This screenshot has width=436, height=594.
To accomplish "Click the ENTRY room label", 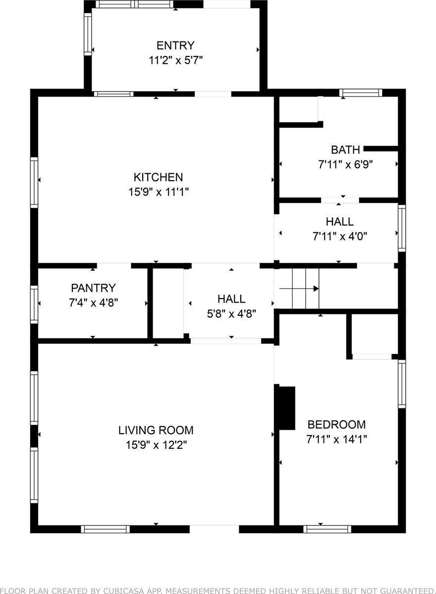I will [175, 46].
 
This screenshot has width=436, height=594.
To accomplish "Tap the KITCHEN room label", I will [158, 177].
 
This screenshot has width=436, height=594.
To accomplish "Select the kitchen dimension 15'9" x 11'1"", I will [158, 192].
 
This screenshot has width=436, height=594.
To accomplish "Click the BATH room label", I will [345, 149].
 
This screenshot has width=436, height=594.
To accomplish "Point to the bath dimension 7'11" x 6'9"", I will [345, 164].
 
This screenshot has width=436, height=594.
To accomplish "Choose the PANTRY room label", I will [93, 288].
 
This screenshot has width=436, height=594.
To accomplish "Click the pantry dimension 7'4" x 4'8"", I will [93, 301].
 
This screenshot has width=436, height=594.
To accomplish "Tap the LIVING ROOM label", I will [156, 430].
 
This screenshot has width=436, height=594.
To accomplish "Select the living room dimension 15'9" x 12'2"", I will [156, 445].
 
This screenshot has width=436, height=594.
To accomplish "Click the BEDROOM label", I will [336, 424].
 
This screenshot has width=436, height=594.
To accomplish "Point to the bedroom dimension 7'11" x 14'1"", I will [336, 439].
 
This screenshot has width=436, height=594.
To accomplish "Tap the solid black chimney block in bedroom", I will [286, 408].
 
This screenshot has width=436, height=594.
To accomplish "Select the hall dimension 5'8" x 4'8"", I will [231, 313].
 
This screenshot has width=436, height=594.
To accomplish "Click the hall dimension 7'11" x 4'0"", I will [339, 236].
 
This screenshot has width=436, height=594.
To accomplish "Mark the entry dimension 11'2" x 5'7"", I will [175, 60].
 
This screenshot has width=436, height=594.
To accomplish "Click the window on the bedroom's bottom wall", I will [327, 529].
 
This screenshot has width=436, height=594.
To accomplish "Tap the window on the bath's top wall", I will [361, 93].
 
